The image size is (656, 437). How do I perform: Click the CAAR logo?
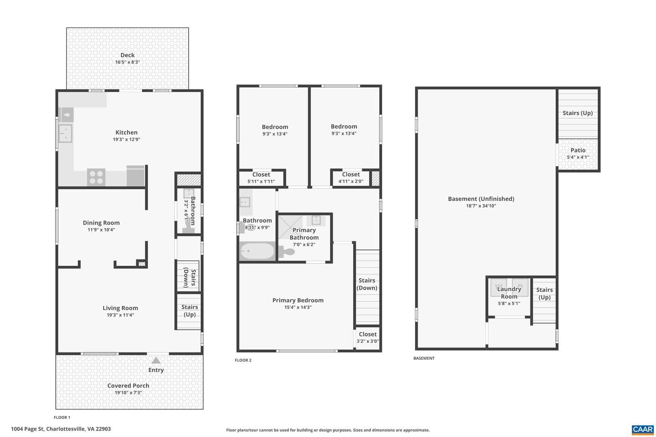coord(643,430)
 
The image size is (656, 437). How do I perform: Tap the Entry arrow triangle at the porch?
coord(156,361)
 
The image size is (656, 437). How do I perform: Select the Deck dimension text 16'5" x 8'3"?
coord(128,62)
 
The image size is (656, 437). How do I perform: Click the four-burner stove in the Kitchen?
coord(96,177)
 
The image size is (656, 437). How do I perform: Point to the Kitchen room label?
coord(127,132)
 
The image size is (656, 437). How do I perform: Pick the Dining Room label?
coord(101,223)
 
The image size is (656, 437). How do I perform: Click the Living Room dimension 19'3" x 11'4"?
coord(120,315)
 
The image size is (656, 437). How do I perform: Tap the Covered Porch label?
coord(128,386)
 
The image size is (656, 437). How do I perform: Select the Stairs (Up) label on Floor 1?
coord(190,310)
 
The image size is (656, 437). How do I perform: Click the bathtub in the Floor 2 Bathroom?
coord(257,251)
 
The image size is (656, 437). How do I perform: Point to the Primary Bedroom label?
coord(298,300)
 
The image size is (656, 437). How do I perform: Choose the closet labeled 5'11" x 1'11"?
coord(261,178)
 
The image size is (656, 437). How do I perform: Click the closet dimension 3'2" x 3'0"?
coord(368,341)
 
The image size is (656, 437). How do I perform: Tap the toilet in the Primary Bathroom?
coord(287,252)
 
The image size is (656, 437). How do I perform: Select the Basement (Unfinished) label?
coord(481,199)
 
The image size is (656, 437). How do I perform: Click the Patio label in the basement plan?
coord(578,150)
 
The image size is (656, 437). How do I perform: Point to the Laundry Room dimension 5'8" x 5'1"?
coord(509,304)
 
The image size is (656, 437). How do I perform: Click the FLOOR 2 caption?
coord(243,360)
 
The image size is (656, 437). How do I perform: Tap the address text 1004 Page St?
coord(27,429)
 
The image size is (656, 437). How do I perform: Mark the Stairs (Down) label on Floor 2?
coord(367,284)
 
